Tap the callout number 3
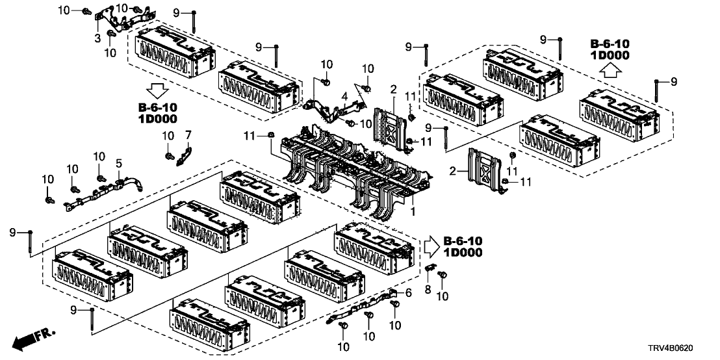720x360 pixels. pyautogui.click(x=97, y=39)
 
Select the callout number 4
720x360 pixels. pyautogui.click(x=344, y=97)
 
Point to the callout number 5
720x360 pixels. pyautogui.click(x=119, y=163)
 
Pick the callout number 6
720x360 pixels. pyautogui.click(x=409, y=294)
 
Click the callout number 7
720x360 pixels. pyautogui.click(x=188, y=135)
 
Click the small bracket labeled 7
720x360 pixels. pyautogui.click(x=185, y=154)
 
